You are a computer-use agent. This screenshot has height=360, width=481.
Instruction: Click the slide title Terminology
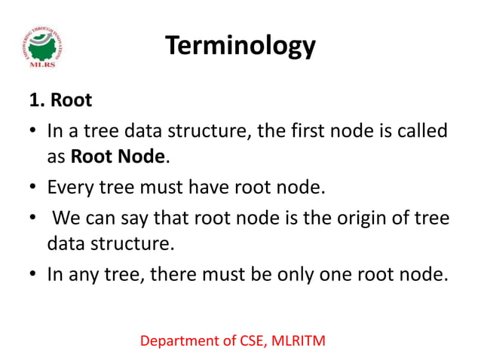[240, 47]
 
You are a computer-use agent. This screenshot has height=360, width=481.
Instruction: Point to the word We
[66, 218]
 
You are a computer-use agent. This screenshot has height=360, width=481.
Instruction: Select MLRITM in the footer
[298, 342]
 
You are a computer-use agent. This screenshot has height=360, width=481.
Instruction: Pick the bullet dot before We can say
[35, 218]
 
